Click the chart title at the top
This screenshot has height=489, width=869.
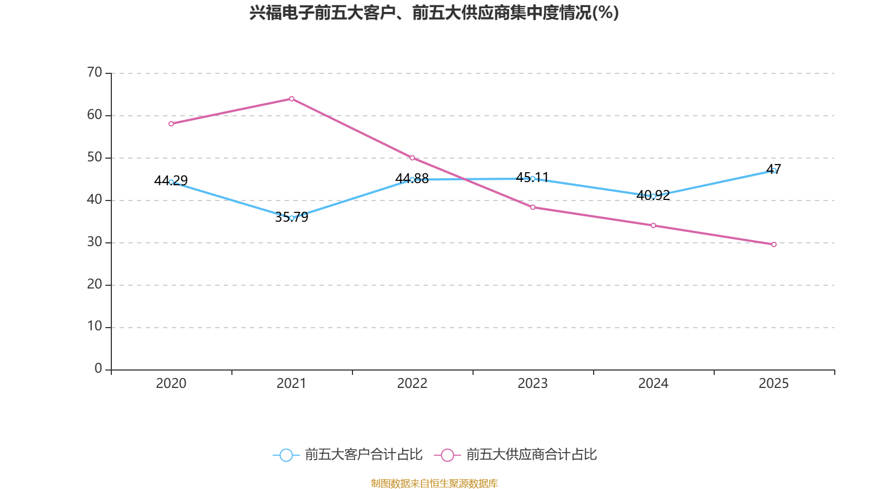coord(434,12)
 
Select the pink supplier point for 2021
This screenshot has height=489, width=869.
coord(292,99)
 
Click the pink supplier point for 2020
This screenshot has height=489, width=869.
coord(171,124)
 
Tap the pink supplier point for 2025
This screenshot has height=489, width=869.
coord(774,244)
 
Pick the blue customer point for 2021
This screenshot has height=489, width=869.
coord(292,218)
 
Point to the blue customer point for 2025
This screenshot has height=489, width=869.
coord(774,171)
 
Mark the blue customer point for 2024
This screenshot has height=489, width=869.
coord(653,196)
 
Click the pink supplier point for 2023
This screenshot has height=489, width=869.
coord(533,207)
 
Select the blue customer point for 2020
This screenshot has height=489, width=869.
coord(171,182)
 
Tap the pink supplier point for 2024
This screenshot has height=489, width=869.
coord(653,225)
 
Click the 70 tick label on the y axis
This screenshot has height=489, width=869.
coord(95,72)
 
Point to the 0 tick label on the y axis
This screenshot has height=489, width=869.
coord(98,369)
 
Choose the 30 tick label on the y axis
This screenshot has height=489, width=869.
coord(95,242)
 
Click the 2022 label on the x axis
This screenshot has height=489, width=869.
coord(412,384)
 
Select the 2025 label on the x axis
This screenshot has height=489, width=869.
coord(774,384)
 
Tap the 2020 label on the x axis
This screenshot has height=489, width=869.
coord(171,384)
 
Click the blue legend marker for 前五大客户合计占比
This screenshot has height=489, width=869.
coord(286,455)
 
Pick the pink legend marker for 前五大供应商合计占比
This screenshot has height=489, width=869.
coord(447,455)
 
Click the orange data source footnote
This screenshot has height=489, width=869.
coord(434,483)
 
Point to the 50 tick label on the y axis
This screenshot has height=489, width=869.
coord(95,157)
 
